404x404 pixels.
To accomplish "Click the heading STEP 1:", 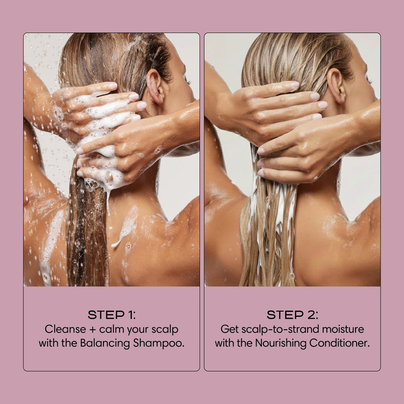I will pyautogui.click(x=111, y=315).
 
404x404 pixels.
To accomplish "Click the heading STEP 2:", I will pyautogui.click(x=292, y=315).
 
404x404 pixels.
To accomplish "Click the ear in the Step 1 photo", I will pyautogui.click(x=154, y=85).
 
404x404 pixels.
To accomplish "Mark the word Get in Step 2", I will pyautogui.click(x=229, y=329).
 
